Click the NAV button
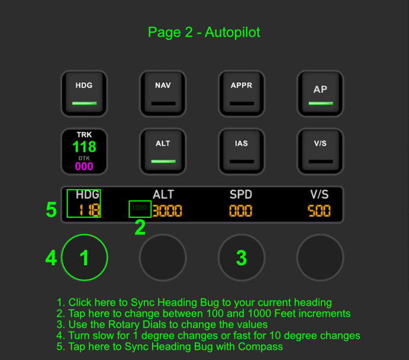(x=163, y=94)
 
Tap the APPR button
(x=241, y=94)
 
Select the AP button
(x=320, y=94)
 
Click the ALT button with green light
(x=163, y=152)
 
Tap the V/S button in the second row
(x=320, y=152)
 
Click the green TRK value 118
(x=84, y=147)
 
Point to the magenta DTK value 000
(x=84, y=166)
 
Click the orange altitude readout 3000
(x=167, y=211)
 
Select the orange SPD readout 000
(x=240, y=211)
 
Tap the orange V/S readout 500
(x=319, y=211)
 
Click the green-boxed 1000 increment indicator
(x=140, y=209)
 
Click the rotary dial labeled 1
(x=85, y=258)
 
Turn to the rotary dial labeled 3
(x=241, y=258)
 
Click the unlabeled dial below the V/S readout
(x=320, y=258)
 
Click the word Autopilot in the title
(x=233, y=33)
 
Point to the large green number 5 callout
(x=51, y=210)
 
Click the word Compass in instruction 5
(x=260, y=347)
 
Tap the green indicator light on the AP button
(x=321, y=103)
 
